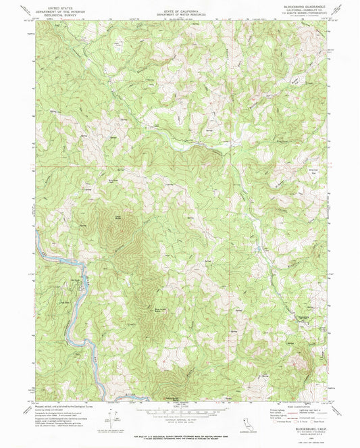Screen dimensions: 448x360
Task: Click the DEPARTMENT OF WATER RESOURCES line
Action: (x=180, y=16)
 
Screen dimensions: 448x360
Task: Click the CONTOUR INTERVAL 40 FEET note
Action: (x=179, y=414)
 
